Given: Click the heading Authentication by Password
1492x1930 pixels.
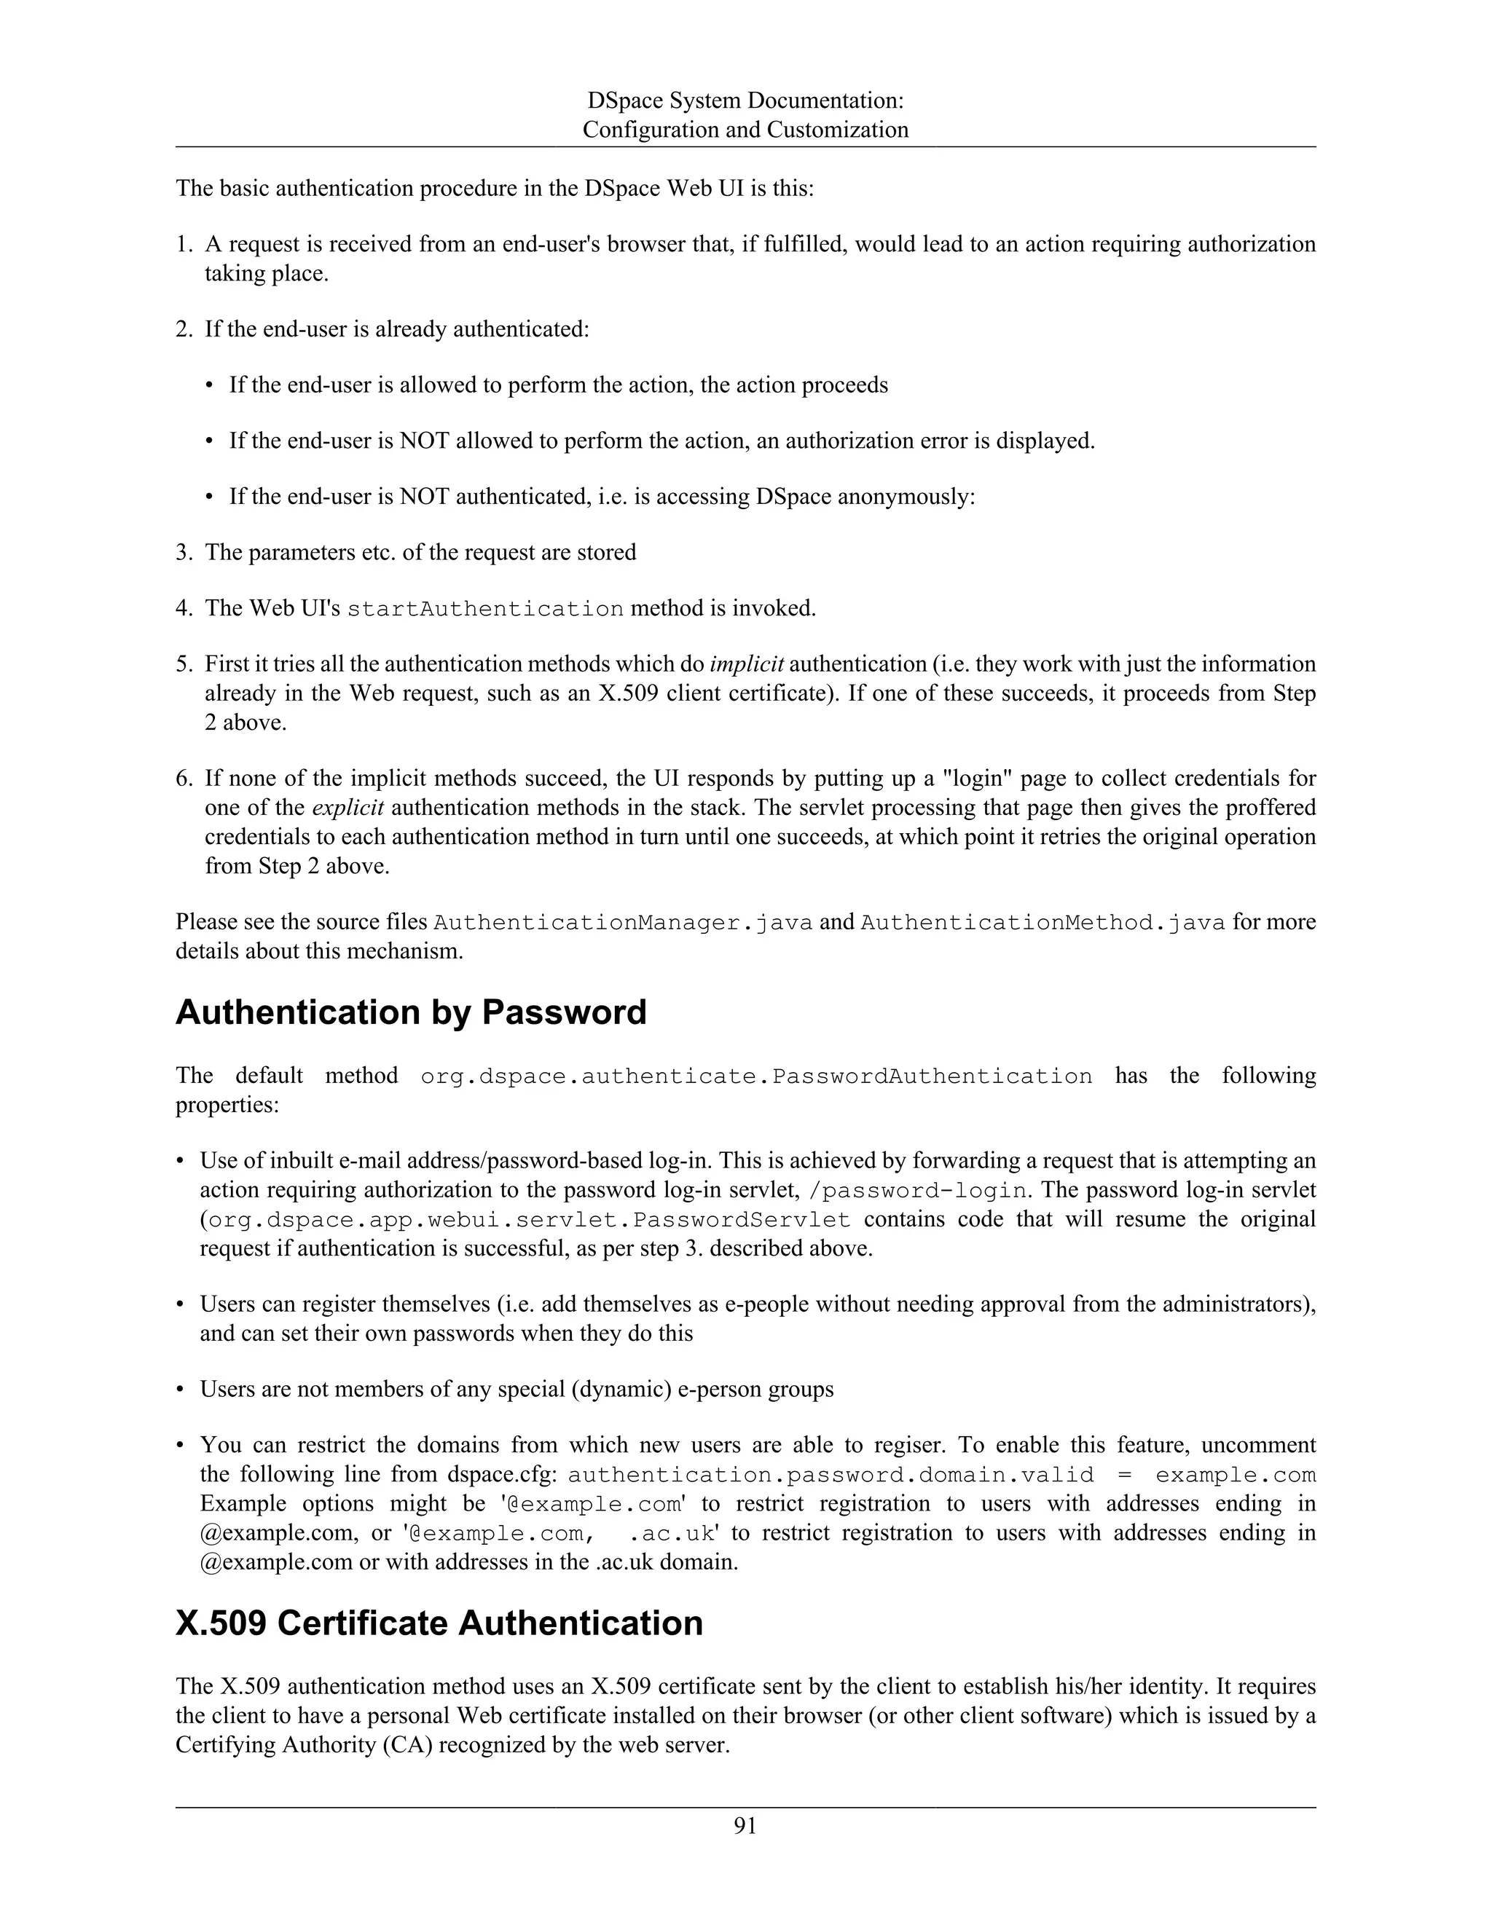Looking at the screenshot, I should pos(411,1012).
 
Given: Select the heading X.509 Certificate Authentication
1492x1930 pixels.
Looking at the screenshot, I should pos(439,1623).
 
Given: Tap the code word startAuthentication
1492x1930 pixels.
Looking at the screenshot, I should pos(485,609).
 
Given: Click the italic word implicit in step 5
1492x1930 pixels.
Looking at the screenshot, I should pos(747,663).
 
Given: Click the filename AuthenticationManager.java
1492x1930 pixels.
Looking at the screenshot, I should pos(622,923).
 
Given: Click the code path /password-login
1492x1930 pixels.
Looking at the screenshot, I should pos(919,1190).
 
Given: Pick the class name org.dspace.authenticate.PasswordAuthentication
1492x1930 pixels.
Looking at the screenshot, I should pos(757,1076).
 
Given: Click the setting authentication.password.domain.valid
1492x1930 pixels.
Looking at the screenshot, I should pos(831,1476).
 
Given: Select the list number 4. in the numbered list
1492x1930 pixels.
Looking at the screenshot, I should pos(184,609).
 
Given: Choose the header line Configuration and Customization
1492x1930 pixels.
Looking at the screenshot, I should pos(745,130).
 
